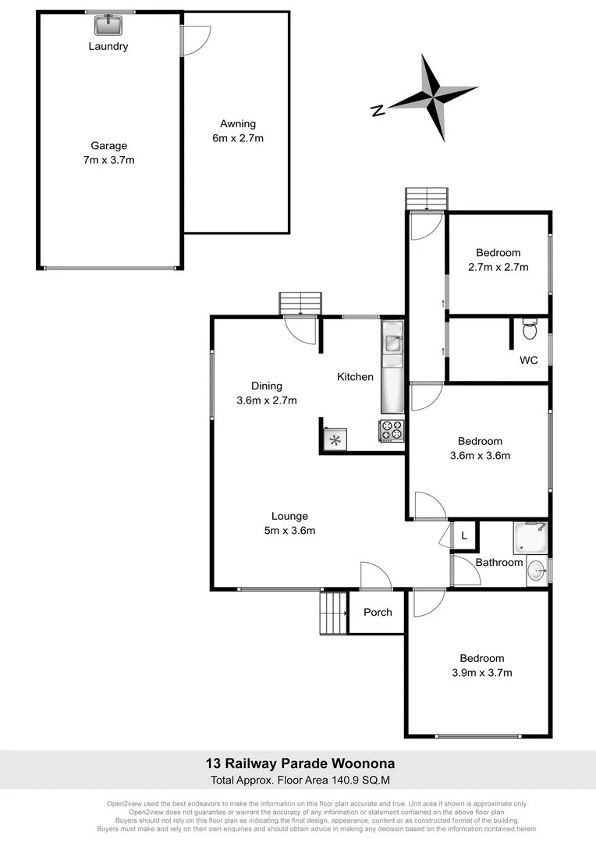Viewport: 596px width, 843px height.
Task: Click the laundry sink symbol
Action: pos(108,26)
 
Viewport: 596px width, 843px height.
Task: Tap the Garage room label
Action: pos(108,146)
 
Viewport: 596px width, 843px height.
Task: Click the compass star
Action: pos(434,98)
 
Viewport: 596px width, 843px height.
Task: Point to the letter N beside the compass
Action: pos(378,111)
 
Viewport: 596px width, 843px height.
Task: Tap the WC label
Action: pos(529,361)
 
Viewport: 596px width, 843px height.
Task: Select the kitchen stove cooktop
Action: pos(392,430)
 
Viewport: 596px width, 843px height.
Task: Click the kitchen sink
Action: pos(392,344)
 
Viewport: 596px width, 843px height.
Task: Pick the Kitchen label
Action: pos(355,377)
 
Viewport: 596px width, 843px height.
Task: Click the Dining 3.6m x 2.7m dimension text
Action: pos(266,400)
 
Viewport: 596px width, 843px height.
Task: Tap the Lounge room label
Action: pos(289,516)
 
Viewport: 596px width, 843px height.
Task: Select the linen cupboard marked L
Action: pos(464,536)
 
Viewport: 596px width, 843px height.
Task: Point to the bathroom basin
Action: pos(537,571)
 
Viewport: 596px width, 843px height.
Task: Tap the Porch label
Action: pos(378,612)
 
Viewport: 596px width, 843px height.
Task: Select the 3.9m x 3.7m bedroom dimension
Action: pos(481,672)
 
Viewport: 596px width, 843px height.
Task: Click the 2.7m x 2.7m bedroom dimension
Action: pos(498,267)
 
